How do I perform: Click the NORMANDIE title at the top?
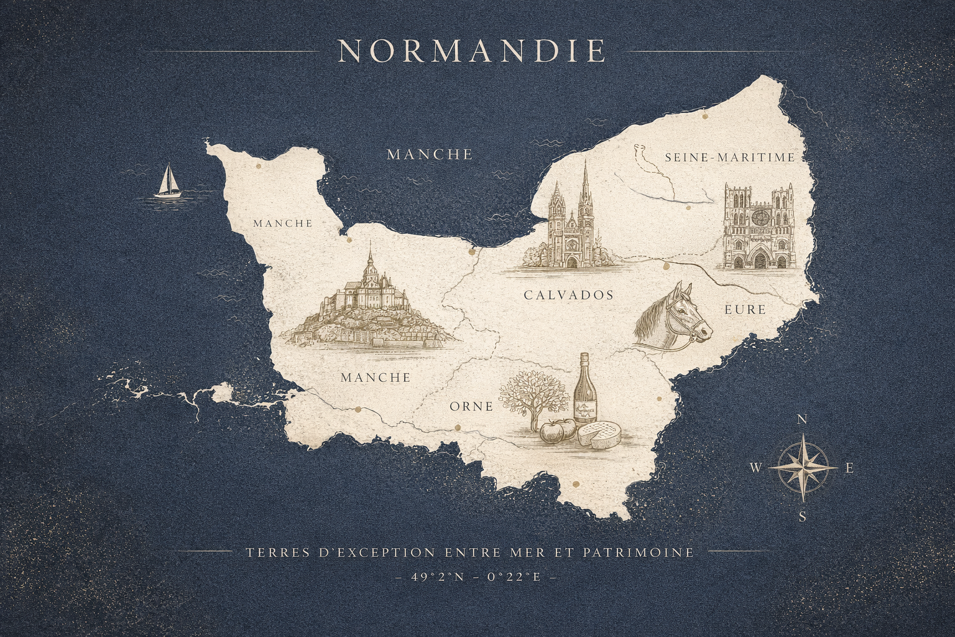(471, 51)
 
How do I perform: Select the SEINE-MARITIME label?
(730, 157)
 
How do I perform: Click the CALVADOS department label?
(568, 295)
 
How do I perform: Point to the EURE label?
(745, 309)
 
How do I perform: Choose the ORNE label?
(471, 407)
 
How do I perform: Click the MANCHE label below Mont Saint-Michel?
(376, 378)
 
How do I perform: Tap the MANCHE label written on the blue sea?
(430, 154)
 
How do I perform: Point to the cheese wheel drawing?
(599, 434)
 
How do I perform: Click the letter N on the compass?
(802, 420)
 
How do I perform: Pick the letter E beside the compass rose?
(849, 468)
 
